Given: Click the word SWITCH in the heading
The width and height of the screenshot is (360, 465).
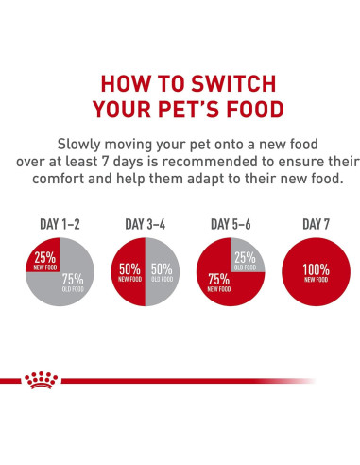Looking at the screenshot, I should [226, 80].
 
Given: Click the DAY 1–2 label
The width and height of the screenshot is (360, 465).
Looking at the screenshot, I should [59, 225].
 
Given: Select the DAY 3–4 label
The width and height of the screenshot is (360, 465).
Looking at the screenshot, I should [146, 225].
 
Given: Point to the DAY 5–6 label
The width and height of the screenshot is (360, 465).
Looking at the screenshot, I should [231, 225].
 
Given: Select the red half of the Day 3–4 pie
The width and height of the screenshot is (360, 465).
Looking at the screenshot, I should [129, 273].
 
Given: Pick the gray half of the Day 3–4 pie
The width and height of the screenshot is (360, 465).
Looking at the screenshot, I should [162, 273].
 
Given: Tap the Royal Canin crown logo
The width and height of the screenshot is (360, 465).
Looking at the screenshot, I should [41, 379].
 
